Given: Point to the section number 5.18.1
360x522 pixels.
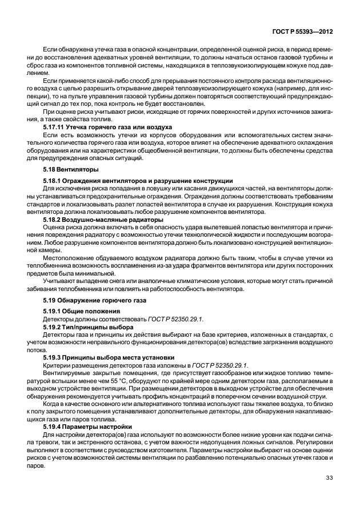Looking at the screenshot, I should [55, 181].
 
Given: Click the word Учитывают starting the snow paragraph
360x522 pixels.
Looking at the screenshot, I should [60, 281].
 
